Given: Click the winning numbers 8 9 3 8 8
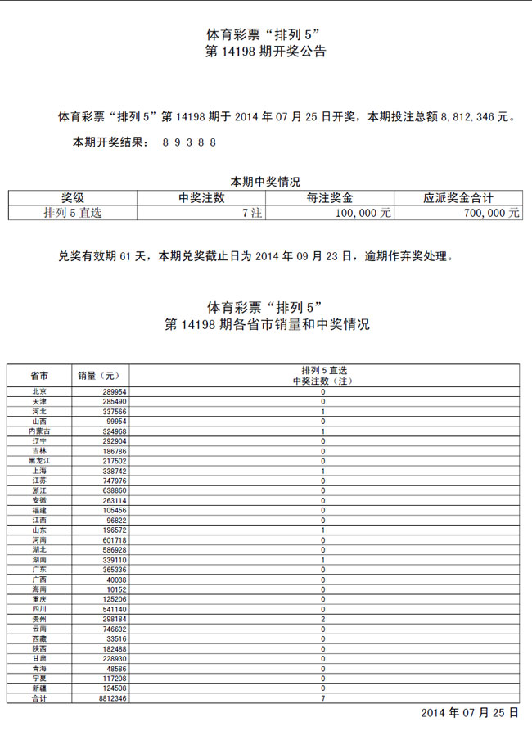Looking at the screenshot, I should [x=189, y=142].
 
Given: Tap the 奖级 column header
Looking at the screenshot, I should [x=73, y=197].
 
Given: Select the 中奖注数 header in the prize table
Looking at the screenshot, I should [x=201, y=197].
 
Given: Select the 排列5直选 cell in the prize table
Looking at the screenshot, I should [x=73, y=212].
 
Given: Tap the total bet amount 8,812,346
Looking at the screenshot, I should [x=474, y=117].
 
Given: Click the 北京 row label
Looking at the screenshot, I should [x=38, y=392].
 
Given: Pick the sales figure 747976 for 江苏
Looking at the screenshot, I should [x=114, y=481].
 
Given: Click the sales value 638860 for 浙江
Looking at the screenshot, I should [x=114, y=491].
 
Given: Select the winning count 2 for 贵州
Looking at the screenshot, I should [x=323, y=619].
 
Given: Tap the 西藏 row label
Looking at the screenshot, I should [x=38, y=638].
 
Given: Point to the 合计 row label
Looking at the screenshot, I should [x=38, y=698].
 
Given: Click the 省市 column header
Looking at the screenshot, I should [x=38, y=375].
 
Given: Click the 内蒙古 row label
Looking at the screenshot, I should [x=38, y=431].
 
